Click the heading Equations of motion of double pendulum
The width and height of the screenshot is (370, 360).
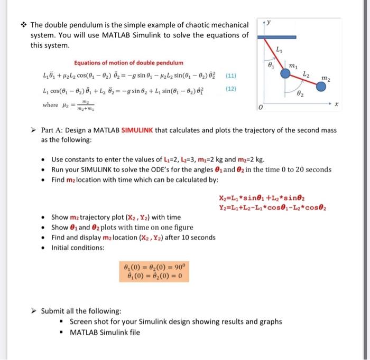(129, 63)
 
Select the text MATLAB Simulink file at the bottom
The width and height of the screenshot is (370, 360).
(105, 332)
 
